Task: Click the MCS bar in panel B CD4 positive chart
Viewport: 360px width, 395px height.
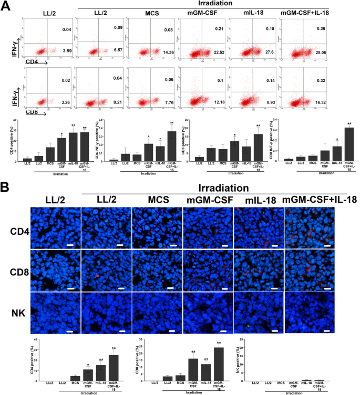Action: pyautogui.click(x=75, y=377)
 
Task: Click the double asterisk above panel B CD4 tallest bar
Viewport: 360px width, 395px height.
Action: pyautogui.click(x=113, y=348)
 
